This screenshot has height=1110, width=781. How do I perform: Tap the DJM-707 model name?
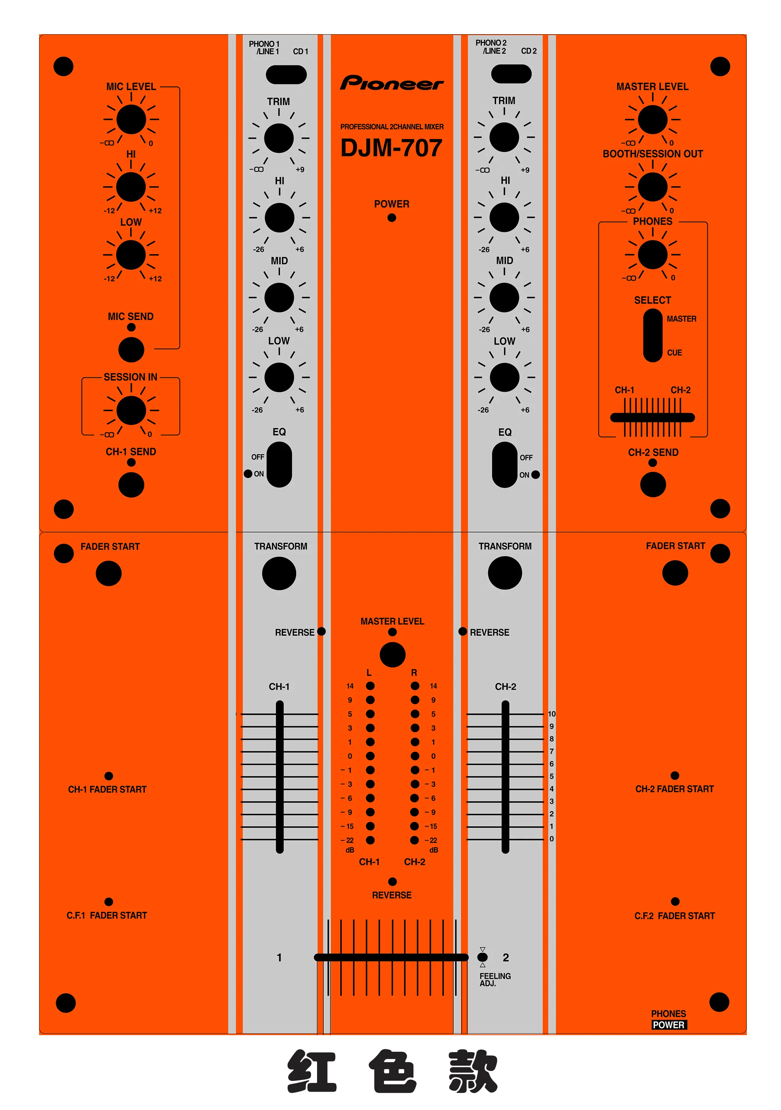(x=391, y=148)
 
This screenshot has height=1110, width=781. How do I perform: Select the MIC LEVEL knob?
(x=131, y=120)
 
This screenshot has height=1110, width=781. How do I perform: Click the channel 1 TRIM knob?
(x=279, y=138)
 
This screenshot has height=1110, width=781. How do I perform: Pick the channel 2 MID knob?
(x=504, y=297)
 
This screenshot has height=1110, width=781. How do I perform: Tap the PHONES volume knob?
(x=653, y=255)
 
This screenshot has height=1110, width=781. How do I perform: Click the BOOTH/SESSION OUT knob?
(x=653, y=187)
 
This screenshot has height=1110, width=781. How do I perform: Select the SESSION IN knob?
(x=131, y=410)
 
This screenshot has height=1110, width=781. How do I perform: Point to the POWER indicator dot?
(x=392, y=218)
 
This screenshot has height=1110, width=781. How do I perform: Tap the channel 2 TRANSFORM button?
(x=505, y=573)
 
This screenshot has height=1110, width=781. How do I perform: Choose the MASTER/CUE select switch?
(x=653, y=336)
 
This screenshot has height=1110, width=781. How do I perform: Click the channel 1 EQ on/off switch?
(x=279, y=465)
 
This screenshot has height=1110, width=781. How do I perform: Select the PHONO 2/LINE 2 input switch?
(x=511, y=74)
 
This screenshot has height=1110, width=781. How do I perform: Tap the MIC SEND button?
(x=131, y=350)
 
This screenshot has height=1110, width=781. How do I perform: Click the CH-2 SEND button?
(x=653, y=485)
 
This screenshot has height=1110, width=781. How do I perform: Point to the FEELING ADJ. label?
(x=495, y=980)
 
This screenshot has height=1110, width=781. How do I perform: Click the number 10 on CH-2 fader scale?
(x=551, y=714)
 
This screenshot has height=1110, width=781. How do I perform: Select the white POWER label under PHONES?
(x=668, y=1025)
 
